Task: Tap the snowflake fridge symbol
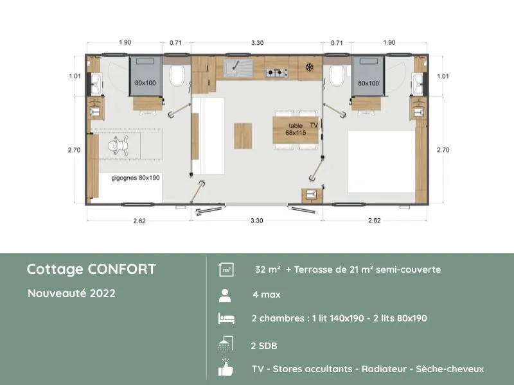click(x=308, y=66)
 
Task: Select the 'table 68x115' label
click(x=296, y=129)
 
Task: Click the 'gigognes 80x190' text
click(x=136, y=177)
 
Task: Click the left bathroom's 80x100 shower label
click(x=145, y=83)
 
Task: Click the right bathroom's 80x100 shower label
click(x=368, y=83)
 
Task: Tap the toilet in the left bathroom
click(x=178, y=75)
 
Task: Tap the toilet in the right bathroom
click(x=335, y=75)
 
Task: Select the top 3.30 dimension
click(x=256, y=42)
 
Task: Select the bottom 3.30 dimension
click(x=256, y=220)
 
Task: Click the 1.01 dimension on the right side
click(x=443, y=76)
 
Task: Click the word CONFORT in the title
click(x=123, y=269)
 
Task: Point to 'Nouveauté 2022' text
click(x=71, y=294)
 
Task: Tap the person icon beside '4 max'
click(x=225, y=295)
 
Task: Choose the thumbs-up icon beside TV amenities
click(x=225, y=369)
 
